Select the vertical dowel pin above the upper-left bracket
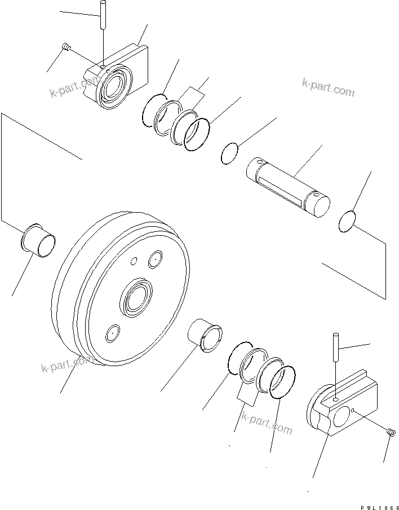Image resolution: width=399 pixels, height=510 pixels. pos(104,15)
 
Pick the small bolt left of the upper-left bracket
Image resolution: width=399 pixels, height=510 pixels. pos(65,47)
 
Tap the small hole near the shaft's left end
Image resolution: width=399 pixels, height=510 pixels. pos(259,164)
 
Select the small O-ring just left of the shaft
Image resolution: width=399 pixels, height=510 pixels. pos(229,154)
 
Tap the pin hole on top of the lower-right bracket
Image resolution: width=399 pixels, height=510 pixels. pos(336,399)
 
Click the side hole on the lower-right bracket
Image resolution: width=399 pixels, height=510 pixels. pos(352,410)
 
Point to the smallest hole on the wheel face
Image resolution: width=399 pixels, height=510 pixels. pos(134,261)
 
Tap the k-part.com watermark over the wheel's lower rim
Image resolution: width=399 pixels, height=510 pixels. pos(66,364)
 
